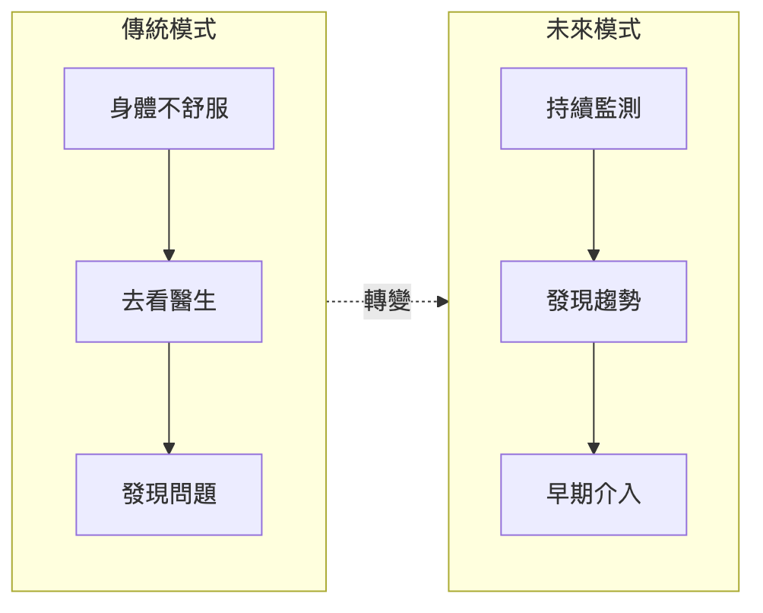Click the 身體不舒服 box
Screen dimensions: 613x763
coord(169,109)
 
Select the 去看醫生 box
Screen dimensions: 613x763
coord(169,302)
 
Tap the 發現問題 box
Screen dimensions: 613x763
coord(169,494)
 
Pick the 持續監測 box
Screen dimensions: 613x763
coord(594,109)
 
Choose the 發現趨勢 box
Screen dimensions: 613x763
coord(594,302)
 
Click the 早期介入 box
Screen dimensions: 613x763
coord(594,494)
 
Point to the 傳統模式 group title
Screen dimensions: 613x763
coord(169,30)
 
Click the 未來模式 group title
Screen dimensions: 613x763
coord(594,30)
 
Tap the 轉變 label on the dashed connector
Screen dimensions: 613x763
coord(388,301)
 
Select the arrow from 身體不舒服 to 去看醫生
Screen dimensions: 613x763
coord(169,202)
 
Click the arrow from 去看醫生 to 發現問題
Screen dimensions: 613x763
coord(169,395)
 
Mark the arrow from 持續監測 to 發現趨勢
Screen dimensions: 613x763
coord(594,202)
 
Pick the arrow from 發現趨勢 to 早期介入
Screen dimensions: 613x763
coord(594,395)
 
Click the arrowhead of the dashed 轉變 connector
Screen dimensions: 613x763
coord(443,302)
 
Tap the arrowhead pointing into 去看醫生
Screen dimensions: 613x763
coord(169,256)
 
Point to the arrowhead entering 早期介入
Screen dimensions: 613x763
coord(594,449)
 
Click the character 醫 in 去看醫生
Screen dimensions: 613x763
coord(181,302)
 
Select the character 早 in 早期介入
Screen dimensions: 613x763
coord(558,494)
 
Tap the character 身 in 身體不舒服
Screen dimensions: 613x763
coord(122,109)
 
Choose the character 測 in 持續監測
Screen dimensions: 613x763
coord(629,109)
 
